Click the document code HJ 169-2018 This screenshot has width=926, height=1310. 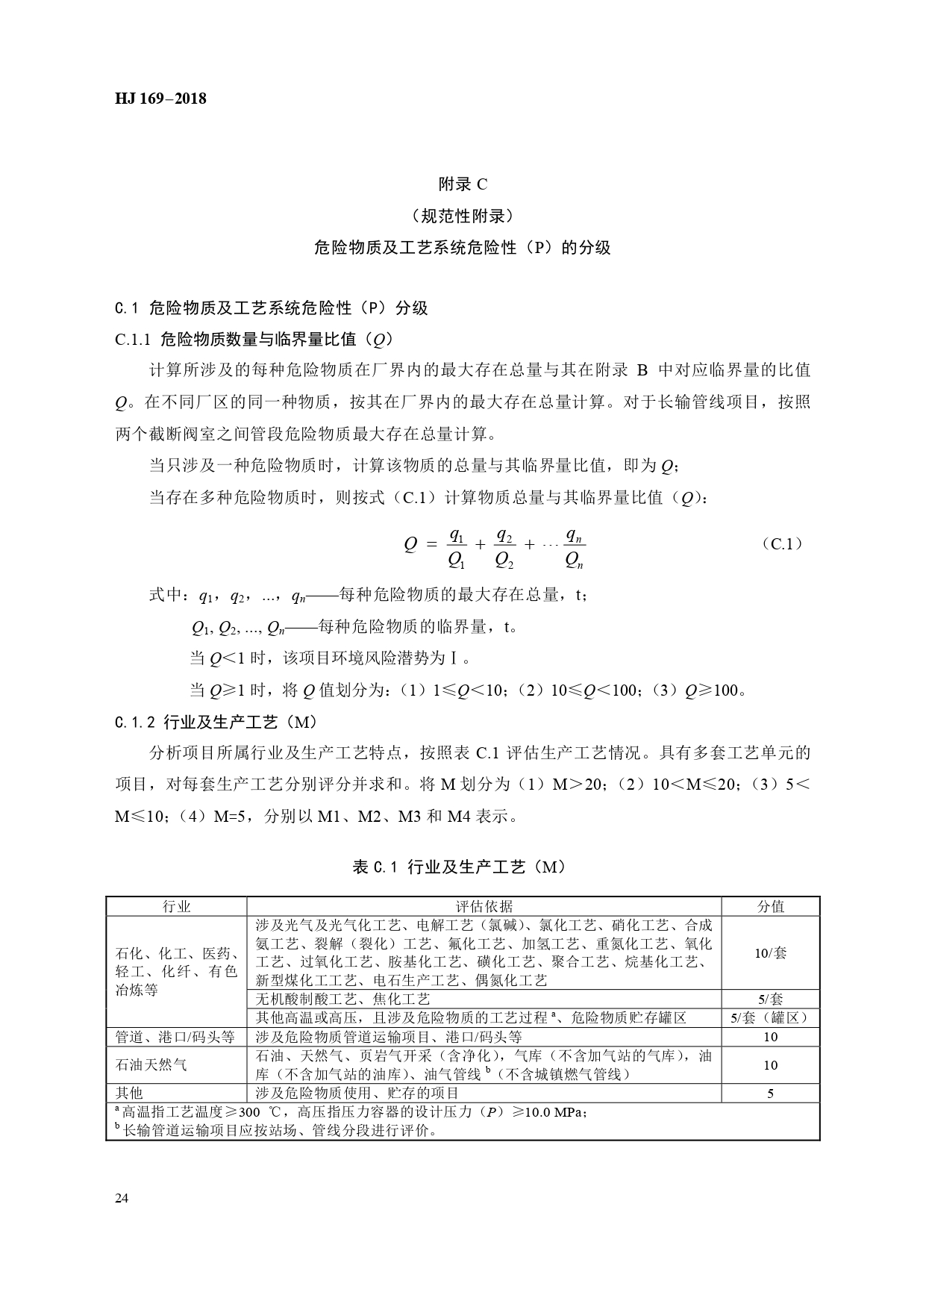(160, 99)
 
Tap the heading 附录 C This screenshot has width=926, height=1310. (463, 184)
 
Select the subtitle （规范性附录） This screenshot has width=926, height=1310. (463, 216)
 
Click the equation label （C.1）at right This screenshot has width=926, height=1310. (783, 543)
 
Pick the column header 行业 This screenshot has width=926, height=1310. (177, 906)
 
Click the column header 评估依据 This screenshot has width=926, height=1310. (484, 906)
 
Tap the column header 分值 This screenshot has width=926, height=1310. (771, 906)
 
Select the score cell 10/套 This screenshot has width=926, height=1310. (771, 952)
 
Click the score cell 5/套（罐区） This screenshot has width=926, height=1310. (771, 1017)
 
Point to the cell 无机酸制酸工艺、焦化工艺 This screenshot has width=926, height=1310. (343, 999)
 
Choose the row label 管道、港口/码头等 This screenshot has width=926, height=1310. (175, 1037)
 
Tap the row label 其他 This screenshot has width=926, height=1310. (129, 1094)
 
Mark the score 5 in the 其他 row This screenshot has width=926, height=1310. (771, 1094)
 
